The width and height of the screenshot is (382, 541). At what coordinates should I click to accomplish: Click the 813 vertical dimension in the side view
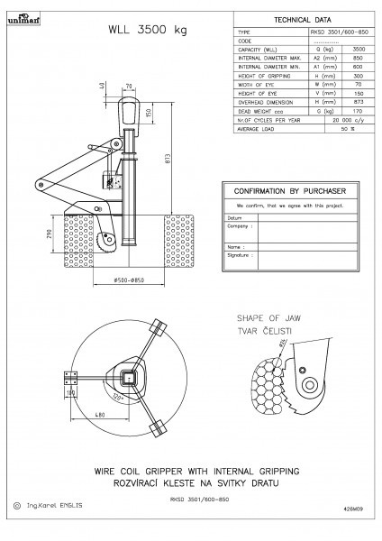(168, 161)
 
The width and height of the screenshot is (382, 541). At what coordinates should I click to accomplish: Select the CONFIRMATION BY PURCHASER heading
(290, 192)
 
